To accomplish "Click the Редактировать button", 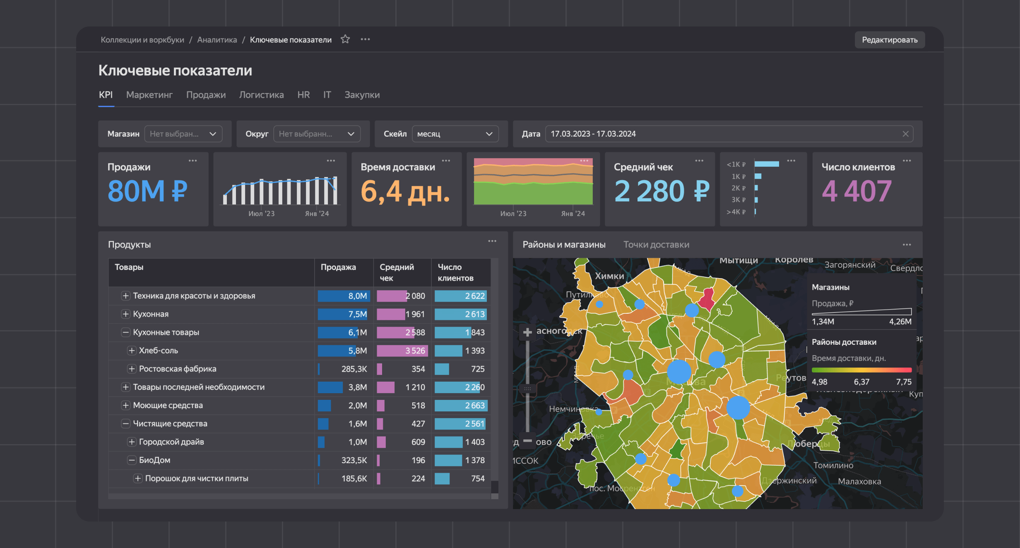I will pyautogui.click(x=889, y=40).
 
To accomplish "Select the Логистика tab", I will pyautogui.click(x=261, y=95).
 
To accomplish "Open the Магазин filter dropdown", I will pyautogui.click(x=183, y=134).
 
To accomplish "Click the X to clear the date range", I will pyautogui.click(x=905, y=134).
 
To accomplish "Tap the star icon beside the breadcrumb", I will pyautogui.click(x=345, y=39).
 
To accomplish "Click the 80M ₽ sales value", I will pyautogui.click(x=147, y=191).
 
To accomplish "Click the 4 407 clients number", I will pyautogui.click(x=856, y=191).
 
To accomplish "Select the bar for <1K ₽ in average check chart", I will pyautogui.click(x=766, y=164).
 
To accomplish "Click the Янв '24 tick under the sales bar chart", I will pyautogui.click(x=317, y=214).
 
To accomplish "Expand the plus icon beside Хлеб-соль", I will pyautogui.click(x=132, y=351).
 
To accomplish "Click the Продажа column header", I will pyautogui.click(x=338, y=267).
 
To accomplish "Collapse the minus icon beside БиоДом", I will pyautogui.click(x=132, y=460).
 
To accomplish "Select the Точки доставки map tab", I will pyautogui.click(x=656, y=245).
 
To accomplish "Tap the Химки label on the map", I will pyautogui.click(x=609, y=276).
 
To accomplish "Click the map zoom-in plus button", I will pyautogui.click(x=527, y=332).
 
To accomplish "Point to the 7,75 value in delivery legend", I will pyautogui.click(x=903, y=382).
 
